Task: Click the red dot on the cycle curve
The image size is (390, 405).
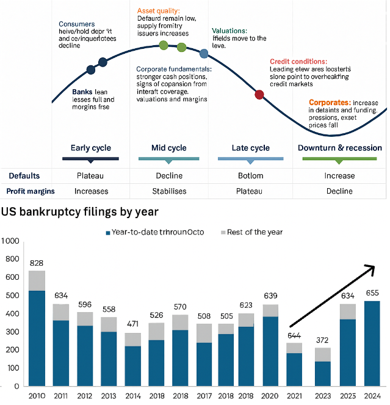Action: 259,95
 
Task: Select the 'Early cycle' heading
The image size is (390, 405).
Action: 90,148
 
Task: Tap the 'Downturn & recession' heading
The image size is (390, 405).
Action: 339,148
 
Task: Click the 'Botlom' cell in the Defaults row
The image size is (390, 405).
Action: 251,176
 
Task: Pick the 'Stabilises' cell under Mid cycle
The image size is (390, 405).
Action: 169,191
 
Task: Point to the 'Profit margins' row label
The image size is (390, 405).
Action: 31,191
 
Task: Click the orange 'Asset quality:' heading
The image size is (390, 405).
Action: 158,10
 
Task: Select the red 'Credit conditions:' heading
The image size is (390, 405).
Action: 298,62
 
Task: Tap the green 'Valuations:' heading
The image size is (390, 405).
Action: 229,31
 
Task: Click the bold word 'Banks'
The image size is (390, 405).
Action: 82,92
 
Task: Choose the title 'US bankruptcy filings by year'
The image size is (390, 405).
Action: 80,212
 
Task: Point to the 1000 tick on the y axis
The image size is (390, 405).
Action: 12,241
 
